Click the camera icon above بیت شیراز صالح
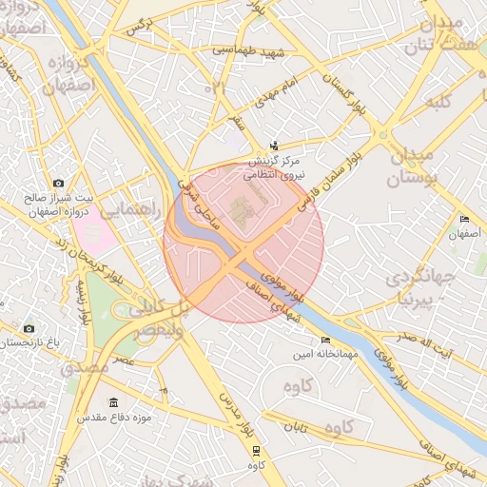tap(59, 183)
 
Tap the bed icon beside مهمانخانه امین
tap(326, 340)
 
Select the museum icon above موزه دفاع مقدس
tap(114, 403)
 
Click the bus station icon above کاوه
tap(255, 451)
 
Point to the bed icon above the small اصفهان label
tap(463, 219)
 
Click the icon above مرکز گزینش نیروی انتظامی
tap(275, 146)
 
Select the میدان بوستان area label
tap(411, 166)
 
